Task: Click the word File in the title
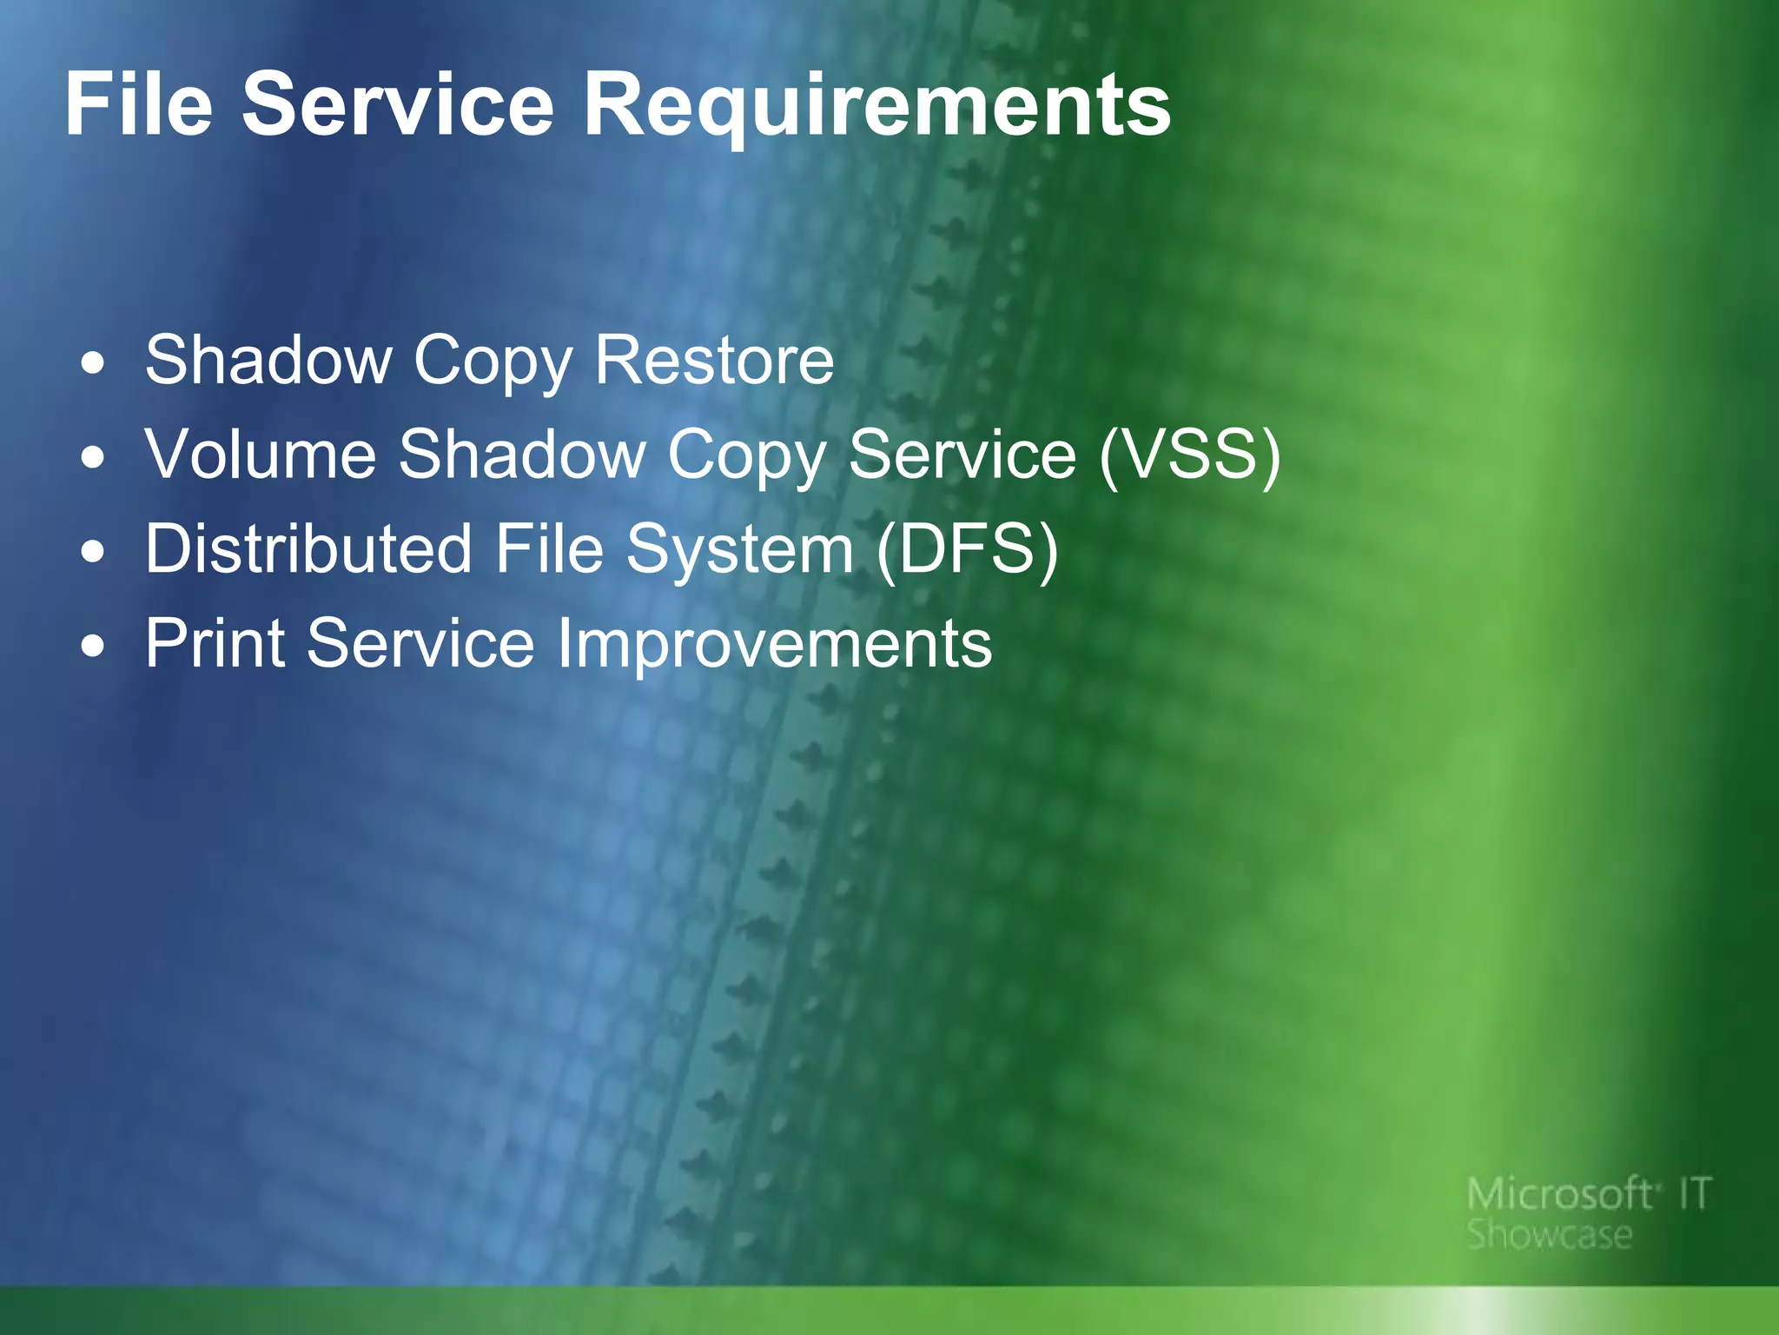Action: [x=138, y=104]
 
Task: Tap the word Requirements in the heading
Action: [x=877, y=106]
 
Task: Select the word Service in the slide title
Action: [x=397, y=104]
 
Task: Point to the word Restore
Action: [x=714, y=360]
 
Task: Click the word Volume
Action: [x=260, y=454]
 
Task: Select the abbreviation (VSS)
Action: [x=1189, y=454]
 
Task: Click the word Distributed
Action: [x=308, y=548]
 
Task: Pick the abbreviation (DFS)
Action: [x=967, y=548]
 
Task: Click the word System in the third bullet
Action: [x=740, y=550]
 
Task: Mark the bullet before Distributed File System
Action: [x=93, y=552]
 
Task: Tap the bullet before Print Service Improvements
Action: [x=93, y=647]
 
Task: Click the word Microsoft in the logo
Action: [x=1558, y=1194]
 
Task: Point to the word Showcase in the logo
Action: [x=1549, y=1235]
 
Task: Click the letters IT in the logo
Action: [x=1694, y=1194]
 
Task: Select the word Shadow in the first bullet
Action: [x=268, y=360]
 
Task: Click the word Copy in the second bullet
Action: [x=746, y=455]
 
